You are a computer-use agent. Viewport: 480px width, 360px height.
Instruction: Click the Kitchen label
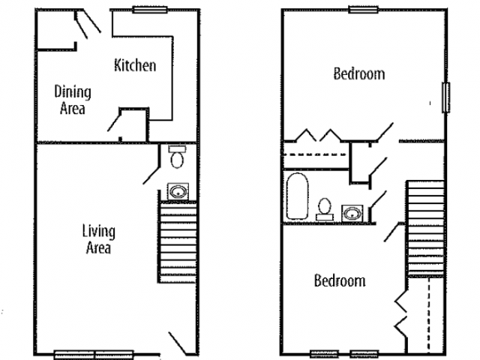click(135, 65)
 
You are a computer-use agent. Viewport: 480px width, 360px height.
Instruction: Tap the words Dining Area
click(73, 100)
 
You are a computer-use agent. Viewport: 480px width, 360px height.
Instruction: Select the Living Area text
click(98, 239)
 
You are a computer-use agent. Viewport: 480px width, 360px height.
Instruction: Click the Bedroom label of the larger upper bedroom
click(359, 74)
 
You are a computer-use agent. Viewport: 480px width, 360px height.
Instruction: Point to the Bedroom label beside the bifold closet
click(340, 280)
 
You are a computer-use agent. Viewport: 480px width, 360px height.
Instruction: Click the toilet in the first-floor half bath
click(177, 157)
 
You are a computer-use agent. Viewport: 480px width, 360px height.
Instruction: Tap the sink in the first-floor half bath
click(178, 192)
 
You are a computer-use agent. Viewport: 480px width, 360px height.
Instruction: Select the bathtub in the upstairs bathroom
click(297, 196)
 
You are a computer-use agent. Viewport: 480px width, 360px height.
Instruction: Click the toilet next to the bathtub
click(325, 209)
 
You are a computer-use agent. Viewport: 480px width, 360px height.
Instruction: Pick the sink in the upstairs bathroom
click(352, 213)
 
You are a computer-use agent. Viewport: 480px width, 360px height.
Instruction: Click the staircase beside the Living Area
click(177, 241)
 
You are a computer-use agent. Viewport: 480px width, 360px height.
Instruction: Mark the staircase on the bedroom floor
click(426, 229)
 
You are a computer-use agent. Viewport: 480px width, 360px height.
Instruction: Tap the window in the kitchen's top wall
click(150, 10)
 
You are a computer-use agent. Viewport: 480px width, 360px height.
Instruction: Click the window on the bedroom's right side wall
click(446, 97)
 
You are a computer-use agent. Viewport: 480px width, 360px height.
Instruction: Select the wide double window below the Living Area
click(94, 355)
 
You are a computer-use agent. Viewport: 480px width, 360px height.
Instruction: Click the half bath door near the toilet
click(151, 175)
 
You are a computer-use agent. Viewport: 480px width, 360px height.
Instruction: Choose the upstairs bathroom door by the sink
click(378, 200)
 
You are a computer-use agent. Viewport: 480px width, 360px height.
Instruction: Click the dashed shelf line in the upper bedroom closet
click(314, 154)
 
